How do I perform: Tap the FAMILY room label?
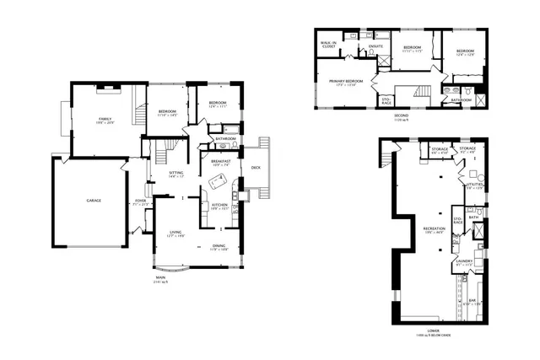(104, 121)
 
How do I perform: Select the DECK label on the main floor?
(256, 167)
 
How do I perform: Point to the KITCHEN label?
(219, 205)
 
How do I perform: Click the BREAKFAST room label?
(221, 163)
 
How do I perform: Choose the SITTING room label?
(175, 175)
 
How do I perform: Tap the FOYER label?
(140, 201)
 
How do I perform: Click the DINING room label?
(219, 246)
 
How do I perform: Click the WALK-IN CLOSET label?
(329, 44)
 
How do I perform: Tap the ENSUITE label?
(376, 46)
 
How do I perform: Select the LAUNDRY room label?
(464, 262)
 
